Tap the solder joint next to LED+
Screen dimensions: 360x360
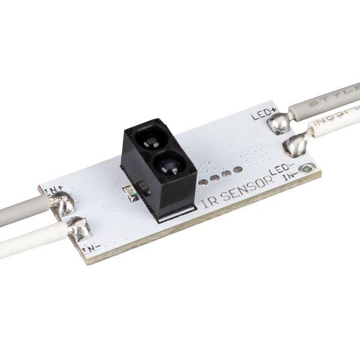click(277, 124)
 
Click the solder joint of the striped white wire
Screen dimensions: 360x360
click(293, 145)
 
